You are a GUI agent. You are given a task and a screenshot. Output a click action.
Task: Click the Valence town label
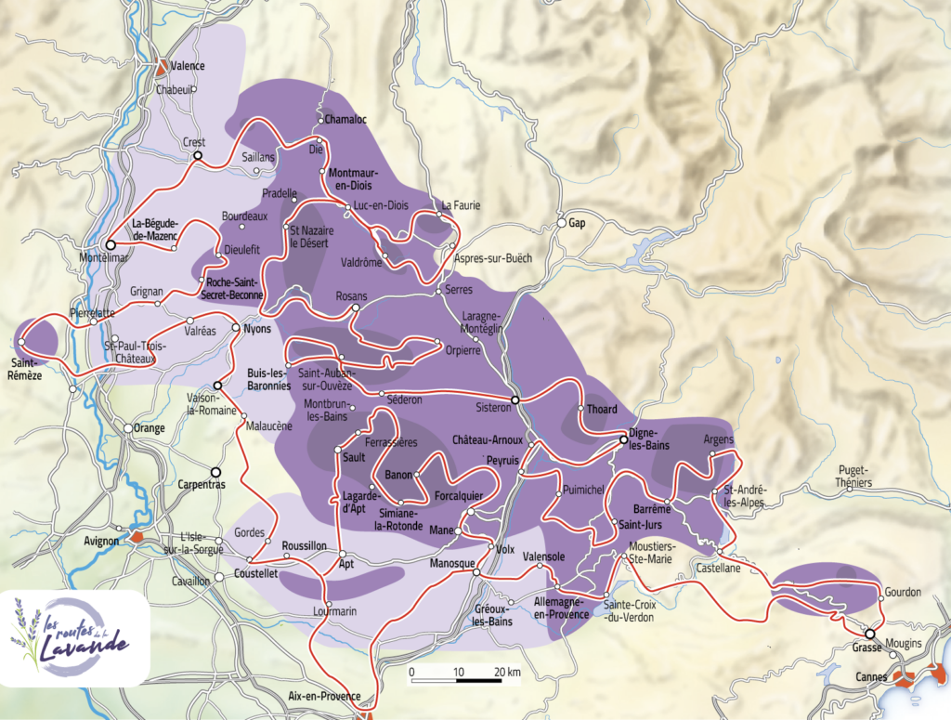point(189,66)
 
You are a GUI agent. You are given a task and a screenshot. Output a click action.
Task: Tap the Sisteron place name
point(493,407)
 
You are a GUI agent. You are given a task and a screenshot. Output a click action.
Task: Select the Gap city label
point(577,224)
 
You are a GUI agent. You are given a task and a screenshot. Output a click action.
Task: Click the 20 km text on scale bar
point(506,672)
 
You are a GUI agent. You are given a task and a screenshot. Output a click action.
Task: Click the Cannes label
point(870,677)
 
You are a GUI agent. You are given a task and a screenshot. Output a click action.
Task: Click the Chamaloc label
point(345,120)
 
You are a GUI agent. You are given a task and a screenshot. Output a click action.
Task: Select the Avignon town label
point(101,540)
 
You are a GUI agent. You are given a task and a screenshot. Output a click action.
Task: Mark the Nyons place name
point(256,328)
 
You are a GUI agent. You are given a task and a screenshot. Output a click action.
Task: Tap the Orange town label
point(150,428)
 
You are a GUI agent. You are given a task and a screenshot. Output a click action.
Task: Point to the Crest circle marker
point(197,156)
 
